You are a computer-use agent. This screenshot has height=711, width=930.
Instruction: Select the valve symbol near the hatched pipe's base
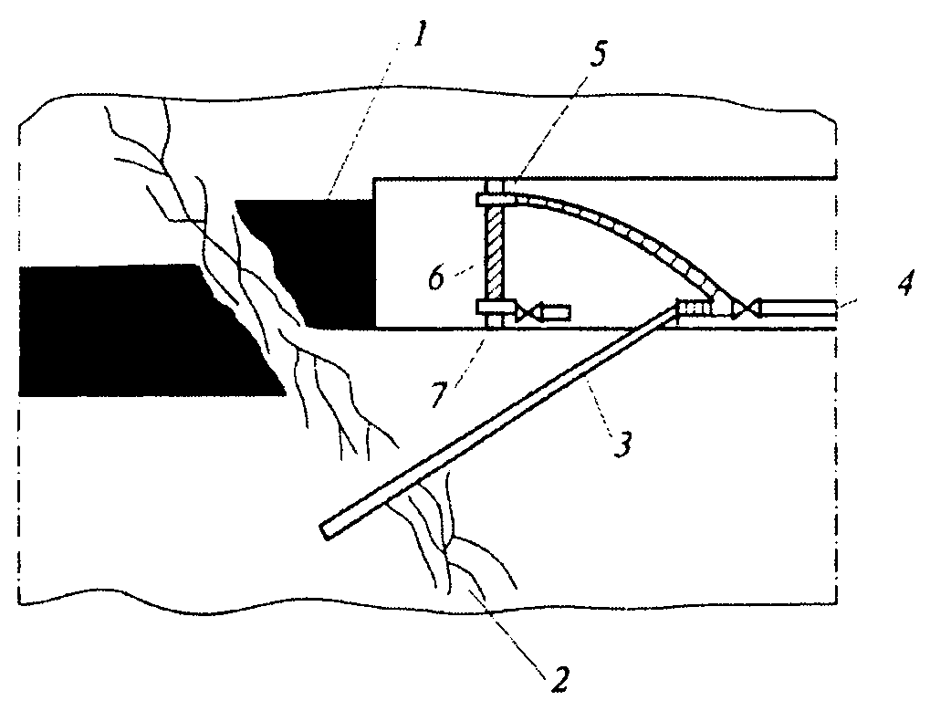click(x=528, y=312)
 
